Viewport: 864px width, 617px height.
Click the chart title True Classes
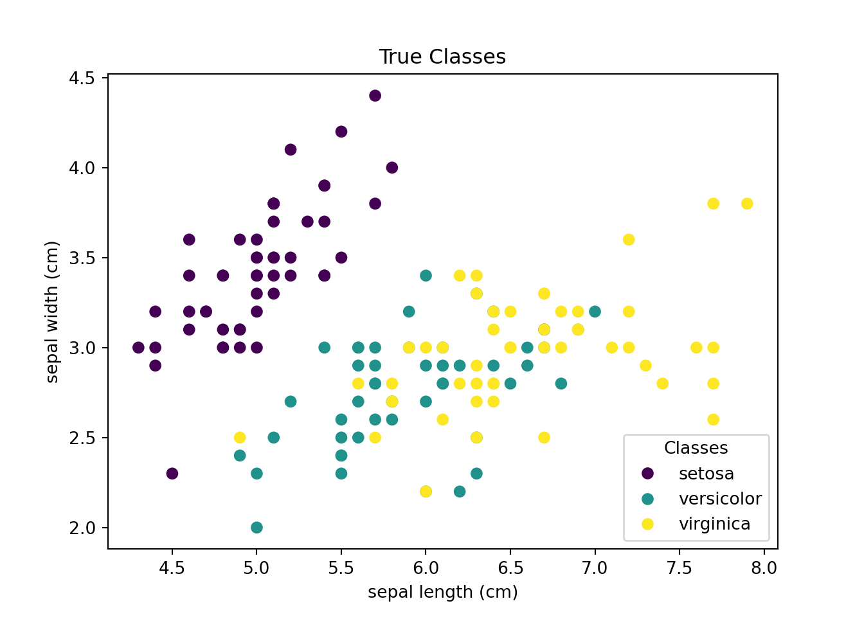point(442,57)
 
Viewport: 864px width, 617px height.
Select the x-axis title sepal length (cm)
point(442,592)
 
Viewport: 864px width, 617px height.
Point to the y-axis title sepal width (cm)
point(53,312)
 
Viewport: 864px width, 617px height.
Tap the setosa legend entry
point(706,474)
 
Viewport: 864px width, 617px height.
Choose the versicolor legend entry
point(720,499)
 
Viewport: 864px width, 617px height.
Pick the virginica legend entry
point(714,524)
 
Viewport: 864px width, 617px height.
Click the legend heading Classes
point(696,448)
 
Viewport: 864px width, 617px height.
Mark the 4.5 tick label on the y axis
point(81,78)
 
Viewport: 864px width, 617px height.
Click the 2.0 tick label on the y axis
point(81,528)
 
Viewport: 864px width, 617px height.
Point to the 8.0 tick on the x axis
point(764,568)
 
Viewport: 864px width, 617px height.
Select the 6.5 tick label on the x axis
point(510,568)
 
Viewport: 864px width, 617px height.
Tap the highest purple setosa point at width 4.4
point(375,96)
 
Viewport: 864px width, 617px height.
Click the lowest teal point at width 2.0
point(256,528)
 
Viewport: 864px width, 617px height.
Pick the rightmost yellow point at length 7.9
point(747,204)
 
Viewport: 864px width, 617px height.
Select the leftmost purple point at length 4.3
point(138,348)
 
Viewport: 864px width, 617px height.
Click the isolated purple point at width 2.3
point(172,474)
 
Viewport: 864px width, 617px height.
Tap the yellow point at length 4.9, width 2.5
point(240,438)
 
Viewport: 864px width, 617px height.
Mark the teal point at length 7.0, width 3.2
point(595,312)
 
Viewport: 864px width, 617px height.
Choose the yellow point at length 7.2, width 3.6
point(629,240)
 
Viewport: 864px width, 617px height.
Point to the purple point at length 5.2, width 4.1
point(291,150)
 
